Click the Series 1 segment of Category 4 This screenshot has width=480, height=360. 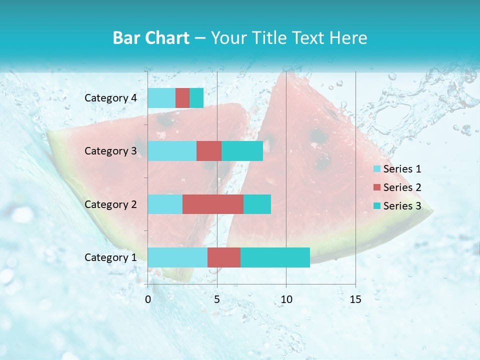161,98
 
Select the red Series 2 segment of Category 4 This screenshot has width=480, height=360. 182,98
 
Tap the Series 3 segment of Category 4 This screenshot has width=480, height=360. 196,98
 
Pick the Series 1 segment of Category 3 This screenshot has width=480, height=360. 172,151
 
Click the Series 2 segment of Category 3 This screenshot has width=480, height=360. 209,151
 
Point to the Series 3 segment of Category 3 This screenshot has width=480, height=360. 242,151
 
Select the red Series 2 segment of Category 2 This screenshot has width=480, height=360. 213,204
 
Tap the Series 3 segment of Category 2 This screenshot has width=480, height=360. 257,204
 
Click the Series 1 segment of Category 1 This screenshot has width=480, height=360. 177,257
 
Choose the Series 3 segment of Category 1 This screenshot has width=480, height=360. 275,257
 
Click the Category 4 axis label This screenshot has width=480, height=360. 110,98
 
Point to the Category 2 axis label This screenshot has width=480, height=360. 110,204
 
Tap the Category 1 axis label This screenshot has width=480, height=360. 110,257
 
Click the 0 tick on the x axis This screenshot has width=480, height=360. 148,299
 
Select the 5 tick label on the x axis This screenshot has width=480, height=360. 217,299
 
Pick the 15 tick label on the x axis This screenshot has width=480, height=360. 355,299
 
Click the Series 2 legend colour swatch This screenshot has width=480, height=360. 377,187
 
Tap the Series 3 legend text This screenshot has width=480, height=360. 402,206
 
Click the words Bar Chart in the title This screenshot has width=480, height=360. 151,38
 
